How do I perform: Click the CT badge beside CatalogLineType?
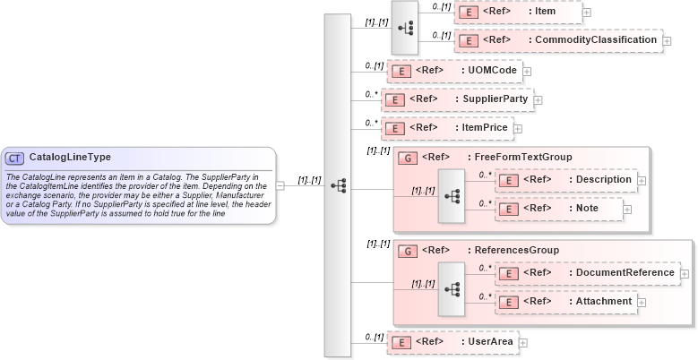click(15, 159)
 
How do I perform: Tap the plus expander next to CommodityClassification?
click(668, 42)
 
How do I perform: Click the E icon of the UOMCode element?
click(403, 70)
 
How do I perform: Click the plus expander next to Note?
click(627, 210)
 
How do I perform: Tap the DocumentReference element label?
click(625, 272)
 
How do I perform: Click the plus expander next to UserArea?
click(523, 342)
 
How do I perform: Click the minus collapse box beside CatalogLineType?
click(280, 185)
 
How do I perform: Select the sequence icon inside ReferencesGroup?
click(452, 287)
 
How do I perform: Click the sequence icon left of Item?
click(405, 27)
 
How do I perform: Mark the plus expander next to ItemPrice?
click(516, 129)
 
